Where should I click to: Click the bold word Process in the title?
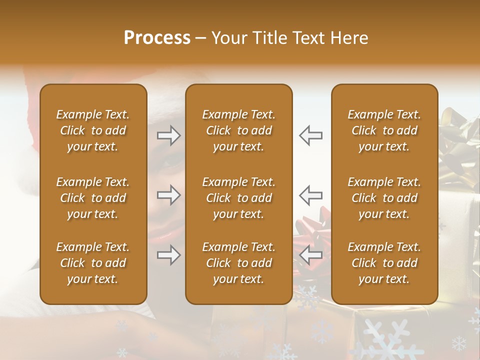tap(157, 38)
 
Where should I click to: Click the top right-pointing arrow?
tap(168, 135)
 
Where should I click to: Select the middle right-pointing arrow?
tap(168, 195)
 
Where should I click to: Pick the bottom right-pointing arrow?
tap(168, 255)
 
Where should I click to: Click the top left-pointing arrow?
tap(311, 135)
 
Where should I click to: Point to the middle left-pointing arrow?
tap(311, 195)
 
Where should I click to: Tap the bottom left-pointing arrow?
tap(311, 255)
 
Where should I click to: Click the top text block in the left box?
tap(93, 130)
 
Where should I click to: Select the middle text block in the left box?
tap(93, 198)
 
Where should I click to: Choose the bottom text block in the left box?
tap(93, 263)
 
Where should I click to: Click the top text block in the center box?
tap(239, 130)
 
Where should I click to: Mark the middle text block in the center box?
tap(239, 198)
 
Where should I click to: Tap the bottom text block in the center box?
tap(239, 263)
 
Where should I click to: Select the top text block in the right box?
tap(384, 130)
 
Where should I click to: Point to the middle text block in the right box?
tap(384, 198)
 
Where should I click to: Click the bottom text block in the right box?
tap(384, 263)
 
